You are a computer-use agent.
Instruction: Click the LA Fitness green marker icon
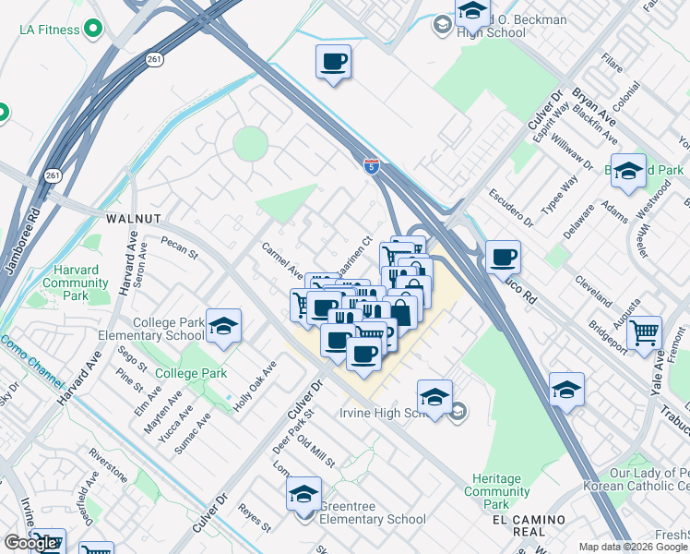tap(92, 30)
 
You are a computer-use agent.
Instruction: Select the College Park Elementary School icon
tap(223, 326)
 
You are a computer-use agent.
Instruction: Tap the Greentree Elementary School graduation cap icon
tap(303, 495)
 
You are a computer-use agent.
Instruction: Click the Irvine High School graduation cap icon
tap(434, 397)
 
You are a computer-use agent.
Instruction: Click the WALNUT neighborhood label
tap(134, 219)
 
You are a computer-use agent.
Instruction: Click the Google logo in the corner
tap(30, 543)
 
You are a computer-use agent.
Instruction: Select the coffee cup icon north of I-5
tap(333, 62)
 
